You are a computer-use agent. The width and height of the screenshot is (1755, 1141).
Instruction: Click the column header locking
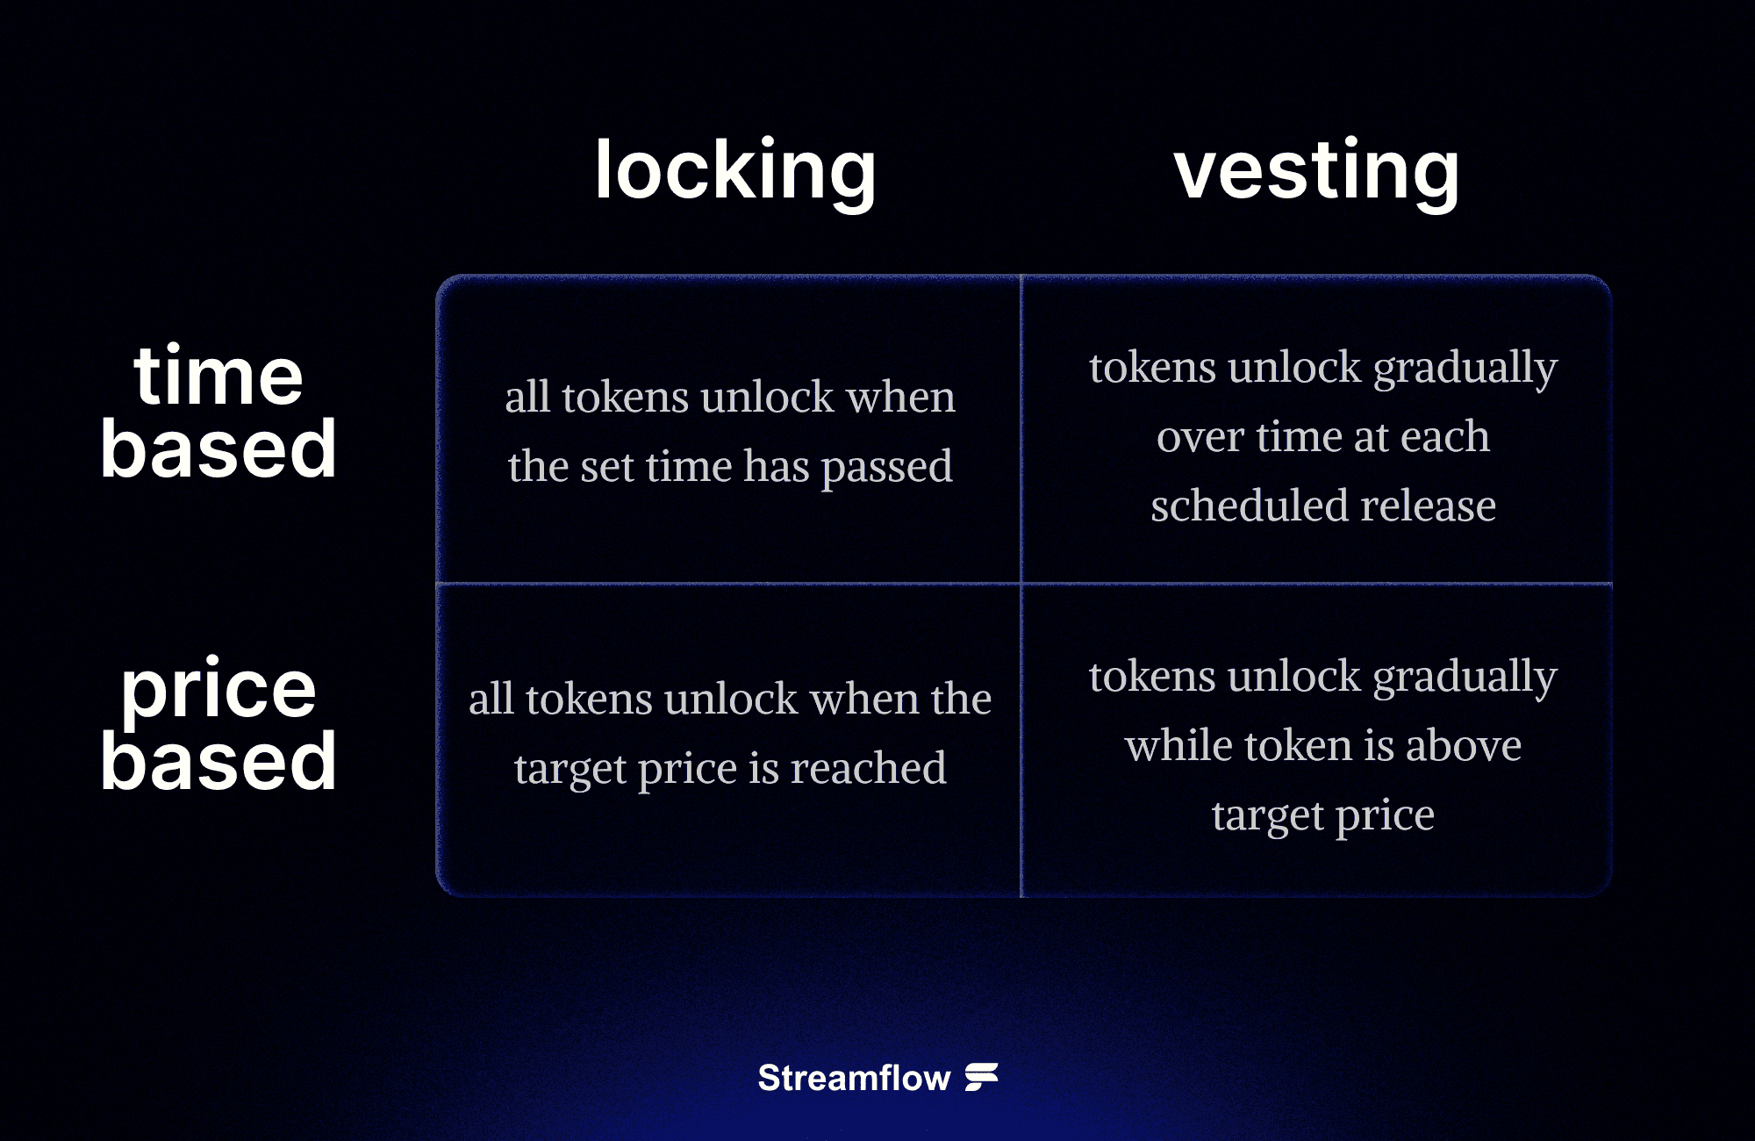coord(735,171)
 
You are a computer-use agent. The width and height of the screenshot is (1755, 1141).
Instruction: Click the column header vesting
coord(1316,171)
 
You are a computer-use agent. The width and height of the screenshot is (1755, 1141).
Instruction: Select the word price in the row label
coord(218,690)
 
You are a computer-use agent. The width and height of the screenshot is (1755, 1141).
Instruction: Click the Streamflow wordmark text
coord(854,1078)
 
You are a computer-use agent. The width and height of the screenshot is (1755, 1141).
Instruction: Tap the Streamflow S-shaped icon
coord(982,1077)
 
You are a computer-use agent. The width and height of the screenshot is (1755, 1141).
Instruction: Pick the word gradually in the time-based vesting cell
coord(1465,369)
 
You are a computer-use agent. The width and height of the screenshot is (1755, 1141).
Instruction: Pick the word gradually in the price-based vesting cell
coord(1465,678)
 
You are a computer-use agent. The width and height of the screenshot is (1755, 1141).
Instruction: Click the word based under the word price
coord(218,761)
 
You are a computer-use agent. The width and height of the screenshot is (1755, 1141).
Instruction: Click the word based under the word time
coord(218,449)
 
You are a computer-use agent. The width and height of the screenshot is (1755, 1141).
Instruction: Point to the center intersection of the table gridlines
coord(1021,583)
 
